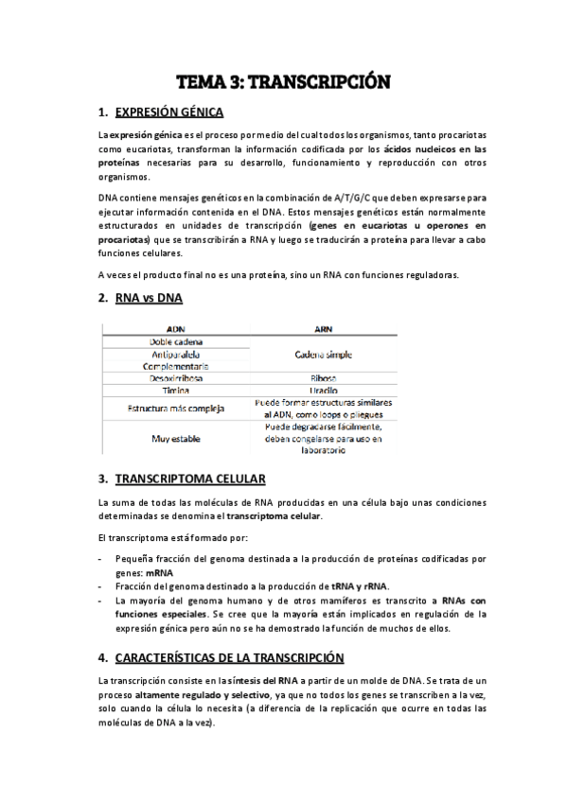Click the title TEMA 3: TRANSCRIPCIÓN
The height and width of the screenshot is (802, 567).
[x=283, y=82]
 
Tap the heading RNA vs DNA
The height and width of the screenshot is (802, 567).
[x=149, y=299]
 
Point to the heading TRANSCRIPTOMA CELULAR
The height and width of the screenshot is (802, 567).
[x=189, y=478]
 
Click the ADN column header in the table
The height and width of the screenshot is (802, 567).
[x=175, y=329]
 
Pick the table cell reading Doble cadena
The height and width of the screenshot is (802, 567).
[x=175, y=341]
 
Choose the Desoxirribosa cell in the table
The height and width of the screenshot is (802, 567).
[x=175, y=378]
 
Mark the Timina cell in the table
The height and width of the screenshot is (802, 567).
[x=175, y=390]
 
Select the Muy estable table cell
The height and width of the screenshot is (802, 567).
[x=175, y=439]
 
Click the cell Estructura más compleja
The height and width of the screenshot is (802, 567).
[x=175, y=409]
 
